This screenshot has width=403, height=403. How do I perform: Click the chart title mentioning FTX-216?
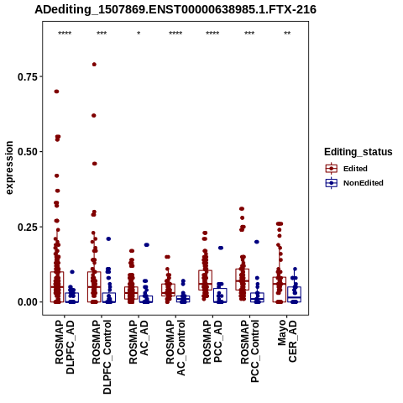pos(175,9)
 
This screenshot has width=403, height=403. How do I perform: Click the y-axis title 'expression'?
pos(9,168)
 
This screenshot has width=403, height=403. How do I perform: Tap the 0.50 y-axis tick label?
pos(28,152)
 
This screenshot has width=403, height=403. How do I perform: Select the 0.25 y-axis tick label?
pos(28,227)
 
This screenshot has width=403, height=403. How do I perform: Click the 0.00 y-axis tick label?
pos(28,302)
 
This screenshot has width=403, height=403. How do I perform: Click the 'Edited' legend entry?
pos(355,169)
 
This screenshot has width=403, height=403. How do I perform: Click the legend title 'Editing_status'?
pos(359,152)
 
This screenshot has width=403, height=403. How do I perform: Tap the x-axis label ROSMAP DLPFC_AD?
pos(65,347)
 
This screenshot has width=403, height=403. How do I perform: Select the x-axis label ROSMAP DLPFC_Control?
pos(102,357)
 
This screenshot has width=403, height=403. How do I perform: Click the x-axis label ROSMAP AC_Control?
pos(175,348)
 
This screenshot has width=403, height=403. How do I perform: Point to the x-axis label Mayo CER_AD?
pos(287,341)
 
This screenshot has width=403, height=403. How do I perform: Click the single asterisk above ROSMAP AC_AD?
pos(139,34)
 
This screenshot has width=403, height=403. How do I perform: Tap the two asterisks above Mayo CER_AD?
pos(287,34)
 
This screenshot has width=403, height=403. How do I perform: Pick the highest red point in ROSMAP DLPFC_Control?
pos(94,65)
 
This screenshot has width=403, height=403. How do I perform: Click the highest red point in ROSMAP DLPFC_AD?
pos(56,92)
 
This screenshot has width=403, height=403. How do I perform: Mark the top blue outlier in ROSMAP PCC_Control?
pos(257,242)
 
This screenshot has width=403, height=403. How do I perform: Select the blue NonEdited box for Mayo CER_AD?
pos(294,295)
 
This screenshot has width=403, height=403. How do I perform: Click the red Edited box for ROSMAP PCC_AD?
pos(205,280)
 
